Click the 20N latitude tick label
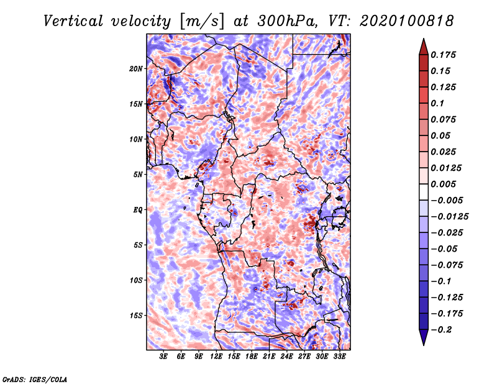coord(136,69)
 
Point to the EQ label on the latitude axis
coord(138,210)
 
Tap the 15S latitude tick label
coord(136,316)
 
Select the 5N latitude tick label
coord(138,175)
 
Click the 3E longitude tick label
coord(163,357)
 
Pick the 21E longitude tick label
coord(269,357)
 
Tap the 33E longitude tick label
coord(339,357)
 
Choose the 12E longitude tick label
coord(216,357)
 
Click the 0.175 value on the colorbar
coord(443,55)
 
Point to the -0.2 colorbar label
coord(441,330)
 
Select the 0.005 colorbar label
coord(443,184)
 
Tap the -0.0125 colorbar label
coord(449,217)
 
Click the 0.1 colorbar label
coord(437,104)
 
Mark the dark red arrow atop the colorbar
coord(424,47)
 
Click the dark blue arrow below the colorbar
coord(424,337)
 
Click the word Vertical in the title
coord(73,21)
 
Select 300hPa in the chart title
coord(286,21)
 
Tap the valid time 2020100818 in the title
coord(406,21)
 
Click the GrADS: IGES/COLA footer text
coord(35,380)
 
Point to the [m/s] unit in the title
coord(202,22)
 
